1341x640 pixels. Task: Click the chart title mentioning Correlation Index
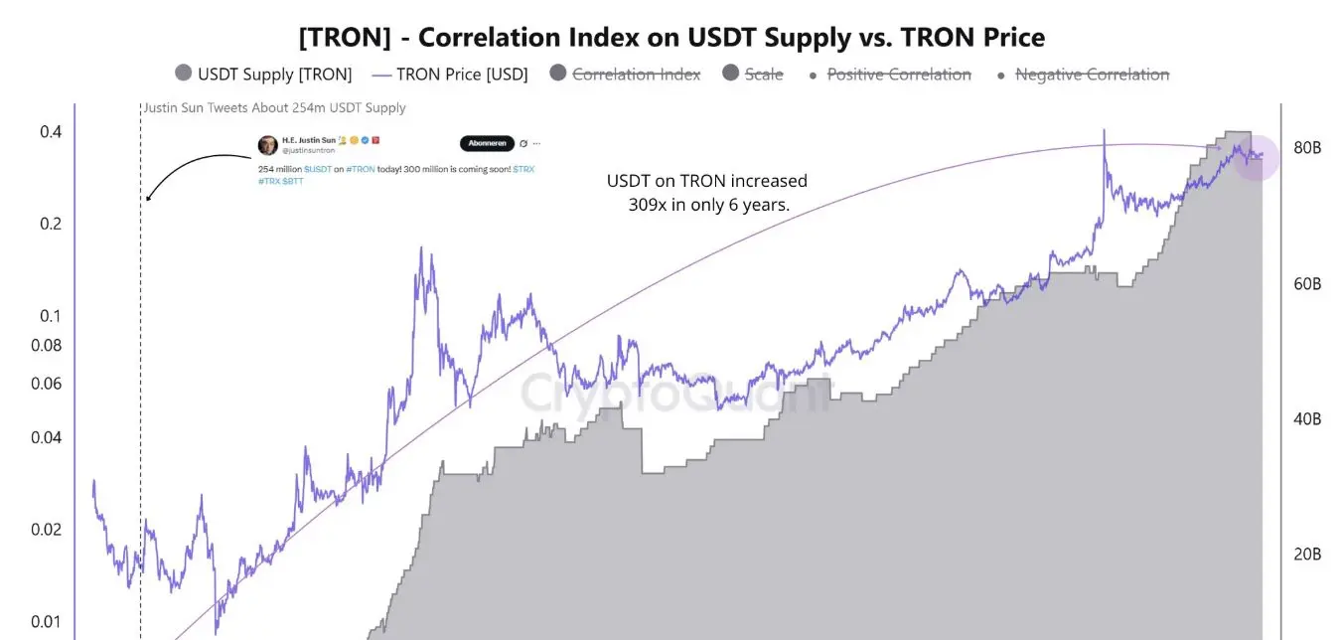point(671,38)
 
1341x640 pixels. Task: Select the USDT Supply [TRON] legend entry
point(263,74)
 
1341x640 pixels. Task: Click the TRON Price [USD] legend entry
point(450,74)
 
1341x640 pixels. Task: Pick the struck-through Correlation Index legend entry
point(625,74)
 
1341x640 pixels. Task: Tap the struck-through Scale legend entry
point(753,74)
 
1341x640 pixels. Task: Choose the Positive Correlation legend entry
point(889,74)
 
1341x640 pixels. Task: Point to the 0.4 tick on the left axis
point(50,132)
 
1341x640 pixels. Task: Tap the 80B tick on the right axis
point(1306,148)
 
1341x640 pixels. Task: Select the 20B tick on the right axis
point(1306,555)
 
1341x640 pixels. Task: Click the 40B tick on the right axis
point(1306,419)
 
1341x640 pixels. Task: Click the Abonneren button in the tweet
point(487,143)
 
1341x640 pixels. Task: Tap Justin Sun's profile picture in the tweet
point(267,145)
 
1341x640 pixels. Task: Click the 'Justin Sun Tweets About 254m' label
point(274,107)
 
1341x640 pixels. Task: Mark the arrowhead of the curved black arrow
point(148,198)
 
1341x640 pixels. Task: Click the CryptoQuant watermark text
point(675,393)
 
